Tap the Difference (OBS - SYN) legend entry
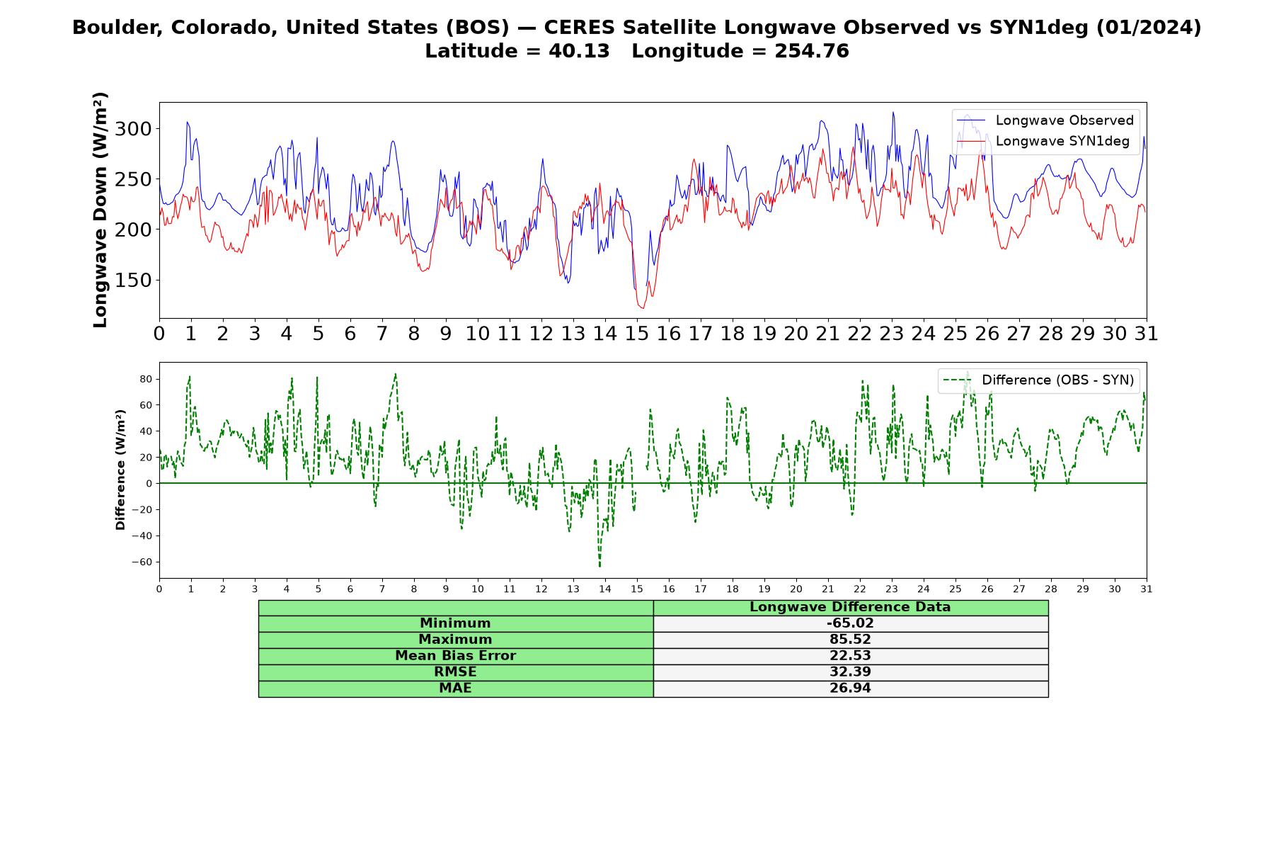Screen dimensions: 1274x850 [x=1038, y=380]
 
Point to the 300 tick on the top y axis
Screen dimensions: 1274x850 [x=132, y=129]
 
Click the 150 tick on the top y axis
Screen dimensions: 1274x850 [x=132, y=280]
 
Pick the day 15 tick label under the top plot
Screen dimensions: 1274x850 [x=637, y=333]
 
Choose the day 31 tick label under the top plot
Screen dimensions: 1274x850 [x=1147, y=333]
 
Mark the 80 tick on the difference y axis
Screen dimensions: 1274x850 [x=146, y=380]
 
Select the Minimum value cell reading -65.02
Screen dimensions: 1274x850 [x=850, y=623]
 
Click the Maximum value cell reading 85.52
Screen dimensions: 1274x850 [x=850, y=640]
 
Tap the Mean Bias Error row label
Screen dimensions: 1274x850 [x=456, y=656]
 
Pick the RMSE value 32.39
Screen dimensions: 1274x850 [x=850, y=672]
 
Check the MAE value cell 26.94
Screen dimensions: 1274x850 [x=850, y=688]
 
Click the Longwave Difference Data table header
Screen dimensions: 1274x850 [x=850, y=607]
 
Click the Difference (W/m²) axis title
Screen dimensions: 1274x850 [x=120, y=470]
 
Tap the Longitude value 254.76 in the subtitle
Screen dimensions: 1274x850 [x=812, y=51]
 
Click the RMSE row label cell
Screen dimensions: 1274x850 [x=456, y=672]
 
